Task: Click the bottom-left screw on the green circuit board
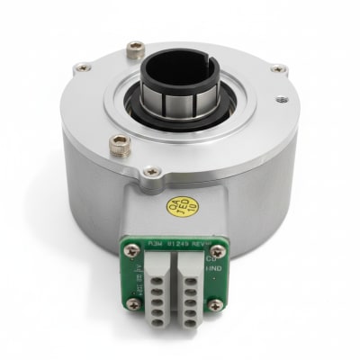coord(133,304)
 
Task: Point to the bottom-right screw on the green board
coord(214,305)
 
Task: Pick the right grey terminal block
coord(191,286)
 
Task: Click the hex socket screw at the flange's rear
coord(135,49)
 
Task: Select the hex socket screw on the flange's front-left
coord(119,141)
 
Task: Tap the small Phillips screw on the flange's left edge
coord(82,67)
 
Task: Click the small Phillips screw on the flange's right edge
coord(277,68)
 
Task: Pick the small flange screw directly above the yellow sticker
coord(152,171)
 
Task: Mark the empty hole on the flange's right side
coord(282,101)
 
